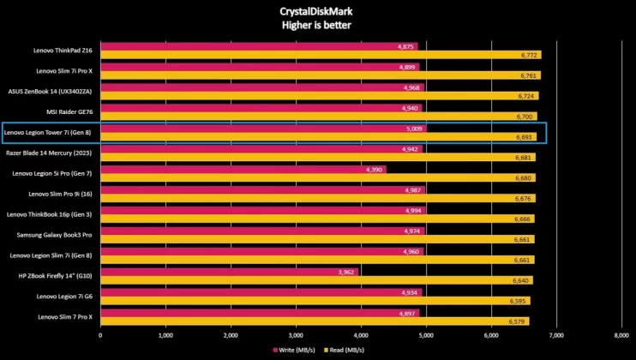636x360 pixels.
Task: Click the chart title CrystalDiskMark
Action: click(x=317, y=11)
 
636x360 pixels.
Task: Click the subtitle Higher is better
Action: click(x=317, y=25)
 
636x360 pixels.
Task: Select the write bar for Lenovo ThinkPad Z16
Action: click(x=257, y=46)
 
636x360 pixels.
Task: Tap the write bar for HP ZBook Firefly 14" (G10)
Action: click(x=229, y=272)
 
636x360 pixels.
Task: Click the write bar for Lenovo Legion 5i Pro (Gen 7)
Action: click(x=243, y=170)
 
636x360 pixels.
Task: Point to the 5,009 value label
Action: click(x=415, y=129)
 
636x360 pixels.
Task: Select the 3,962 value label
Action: click(x=346, y=272)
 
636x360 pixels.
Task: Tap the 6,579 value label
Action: click(x=517, y=321)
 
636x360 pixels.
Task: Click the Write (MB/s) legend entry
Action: click(x=294, y=350)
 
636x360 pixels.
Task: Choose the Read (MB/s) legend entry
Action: click(x=346, y=350)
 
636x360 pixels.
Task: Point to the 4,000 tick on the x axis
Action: click(x=360, y=335)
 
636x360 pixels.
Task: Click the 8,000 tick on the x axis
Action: click(x=621, y=335)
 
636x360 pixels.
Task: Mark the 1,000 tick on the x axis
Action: click(x=165, y=335)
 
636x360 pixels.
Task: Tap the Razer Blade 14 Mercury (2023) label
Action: click(x=49, y=153)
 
